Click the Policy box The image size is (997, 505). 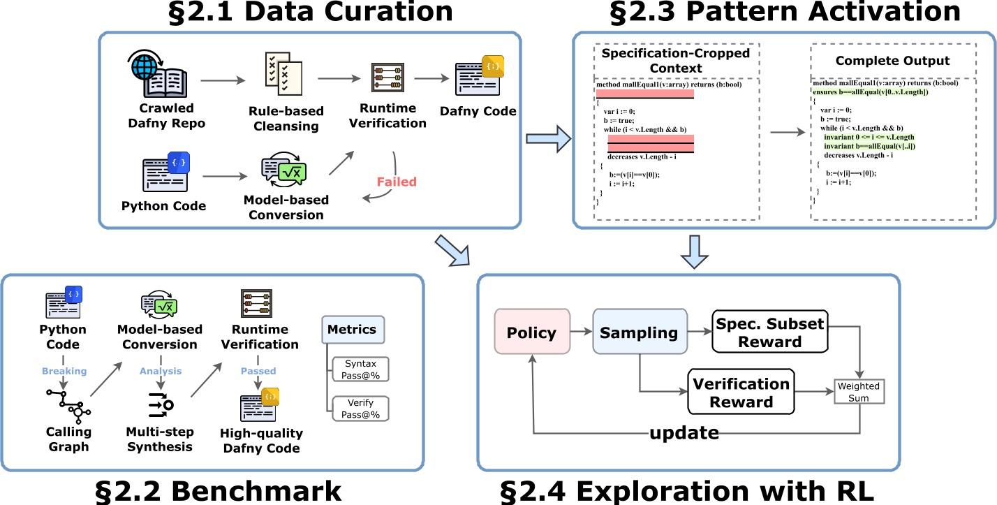pos(532,332)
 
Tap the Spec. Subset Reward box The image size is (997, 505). pos(769,332)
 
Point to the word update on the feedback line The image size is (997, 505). pos(684,433)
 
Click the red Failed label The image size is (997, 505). pos(397,182)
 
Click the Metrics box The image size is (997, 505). pos(353,329)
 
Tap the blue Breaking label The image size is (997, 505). pos(64,371)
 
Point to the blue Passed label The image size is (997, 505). pos(258,371)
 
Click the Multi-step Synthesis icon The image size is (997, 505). pos(161,403)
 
